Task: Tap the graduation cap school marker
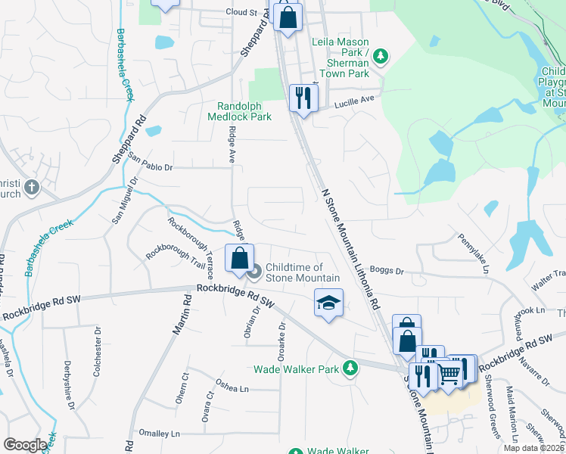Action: tap(328, 304)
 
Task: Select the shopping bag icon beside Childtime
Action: tap(239, 259)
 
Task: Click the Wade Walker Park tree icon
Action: tap(350, 368)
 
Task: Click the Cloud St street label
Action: tap(241, 12)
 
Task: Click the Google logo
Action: tap(24, 444)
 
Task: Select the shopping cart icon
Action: tap(449, 373)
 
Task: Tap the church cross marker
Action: tap(32, 186)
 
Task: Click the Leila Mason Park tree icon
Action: tap(381, 55)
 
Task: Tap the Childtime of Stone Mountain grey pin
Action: tap(255, 270)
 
